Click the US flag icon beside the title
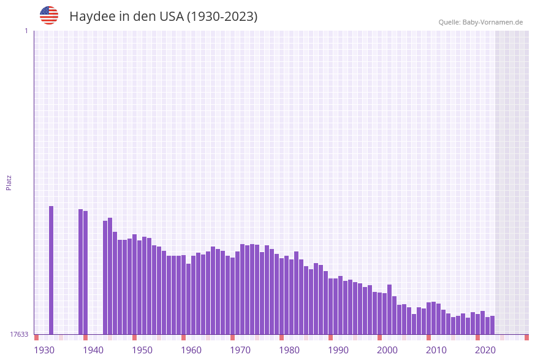tap(49, 16)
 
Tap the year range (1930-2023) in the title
tap(222, 17)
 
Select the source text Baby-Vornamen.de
tap(493, 23)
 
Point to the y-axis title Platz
tap(9, 182)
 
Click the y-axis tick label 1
tap(26, 31)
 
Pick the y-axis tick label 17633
tap(19, 334)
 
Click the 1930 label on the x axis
tap(44, 350)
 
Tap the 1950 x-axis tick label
tap(142, 350)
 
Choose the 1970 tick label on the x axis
tap(240, 350)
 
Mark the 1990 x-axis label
tap(338, 350)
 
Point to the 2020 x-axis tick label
tap(485, 350)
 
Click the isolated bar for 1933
tap(51, 270)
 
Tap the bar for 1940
tap(86, 273)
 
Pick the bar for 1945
tap(110, 276)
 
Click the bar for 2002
tap(390, 309)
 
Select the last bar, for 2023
tap(493, 325)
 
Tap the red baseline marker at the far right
tap(526, 337)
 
